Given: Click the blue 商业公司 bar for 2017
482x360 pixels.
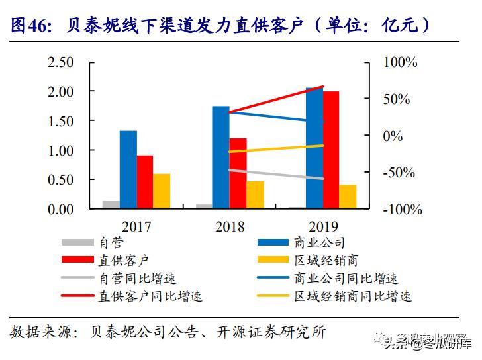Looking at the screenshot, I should (128, 169).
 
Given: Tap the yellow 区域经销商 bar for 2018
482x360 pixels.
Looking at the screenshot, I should (255, 195).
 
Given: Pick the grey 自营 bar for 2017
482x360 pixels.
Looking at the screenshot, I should (111, 204).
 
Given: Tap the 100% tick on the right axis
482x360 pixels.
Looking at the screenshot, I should (401, 62).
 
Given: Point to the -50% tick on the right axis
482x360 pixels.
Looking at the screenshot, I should (401, 173).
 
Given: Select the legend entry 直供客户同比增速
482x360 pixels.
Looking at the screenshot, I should (150, 296).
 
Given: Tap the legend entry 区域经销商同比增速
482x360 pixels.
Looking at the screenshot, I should (351, 296).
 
